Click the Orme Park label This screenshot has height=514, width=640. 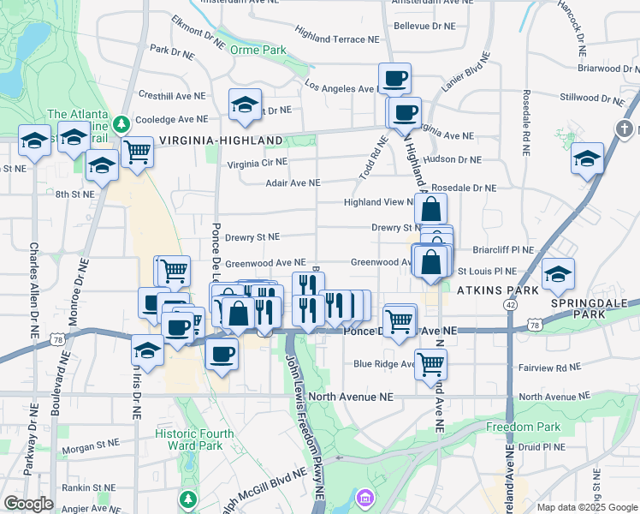click(x=258, y=50)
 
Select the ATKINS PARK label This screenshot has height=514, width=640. click(x=497, y=290)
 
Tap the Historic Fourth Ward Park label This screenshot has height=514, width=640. click(x=194, y=439)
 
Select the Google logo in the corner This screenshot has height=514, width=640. click(x=29, y=503)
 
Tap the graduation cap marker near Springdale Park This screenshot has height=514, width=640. click(x=559, y=274)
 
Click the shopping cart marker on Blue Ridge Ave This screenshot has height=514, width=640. click(x=431, y=363)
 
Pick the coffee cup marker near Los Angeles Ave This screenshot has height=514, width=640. click(x=394, y=79)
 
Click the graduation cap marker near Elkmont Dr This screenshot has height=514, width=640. click(x=245, y=105)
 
